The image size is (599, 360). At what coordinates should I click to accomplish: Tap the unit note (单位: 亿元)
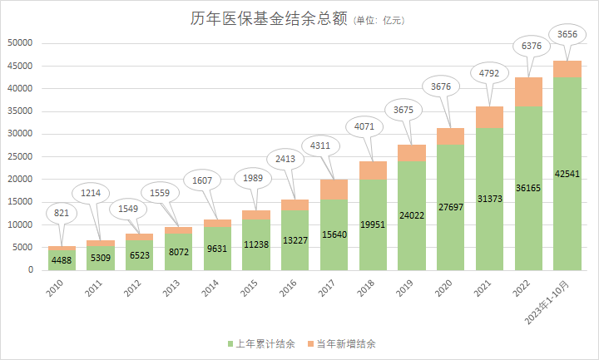click(379, 21)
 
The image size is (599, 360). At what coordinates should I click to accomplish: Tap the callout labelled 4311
click(318, 146)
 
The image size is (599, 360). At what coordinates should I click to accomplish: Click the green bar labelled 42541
click(567, 174)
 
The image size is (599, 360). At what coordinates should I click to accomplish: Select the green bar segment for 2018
click(374, 224)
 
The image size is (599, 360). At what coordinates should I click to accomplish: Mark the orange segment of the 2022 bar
click(529, 91)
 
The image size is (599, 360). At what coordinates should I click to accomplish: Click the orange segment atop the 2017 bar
click(334, 190)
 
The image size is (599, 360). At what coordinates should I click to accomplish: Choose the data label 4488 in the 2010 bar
click(62, 260)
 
